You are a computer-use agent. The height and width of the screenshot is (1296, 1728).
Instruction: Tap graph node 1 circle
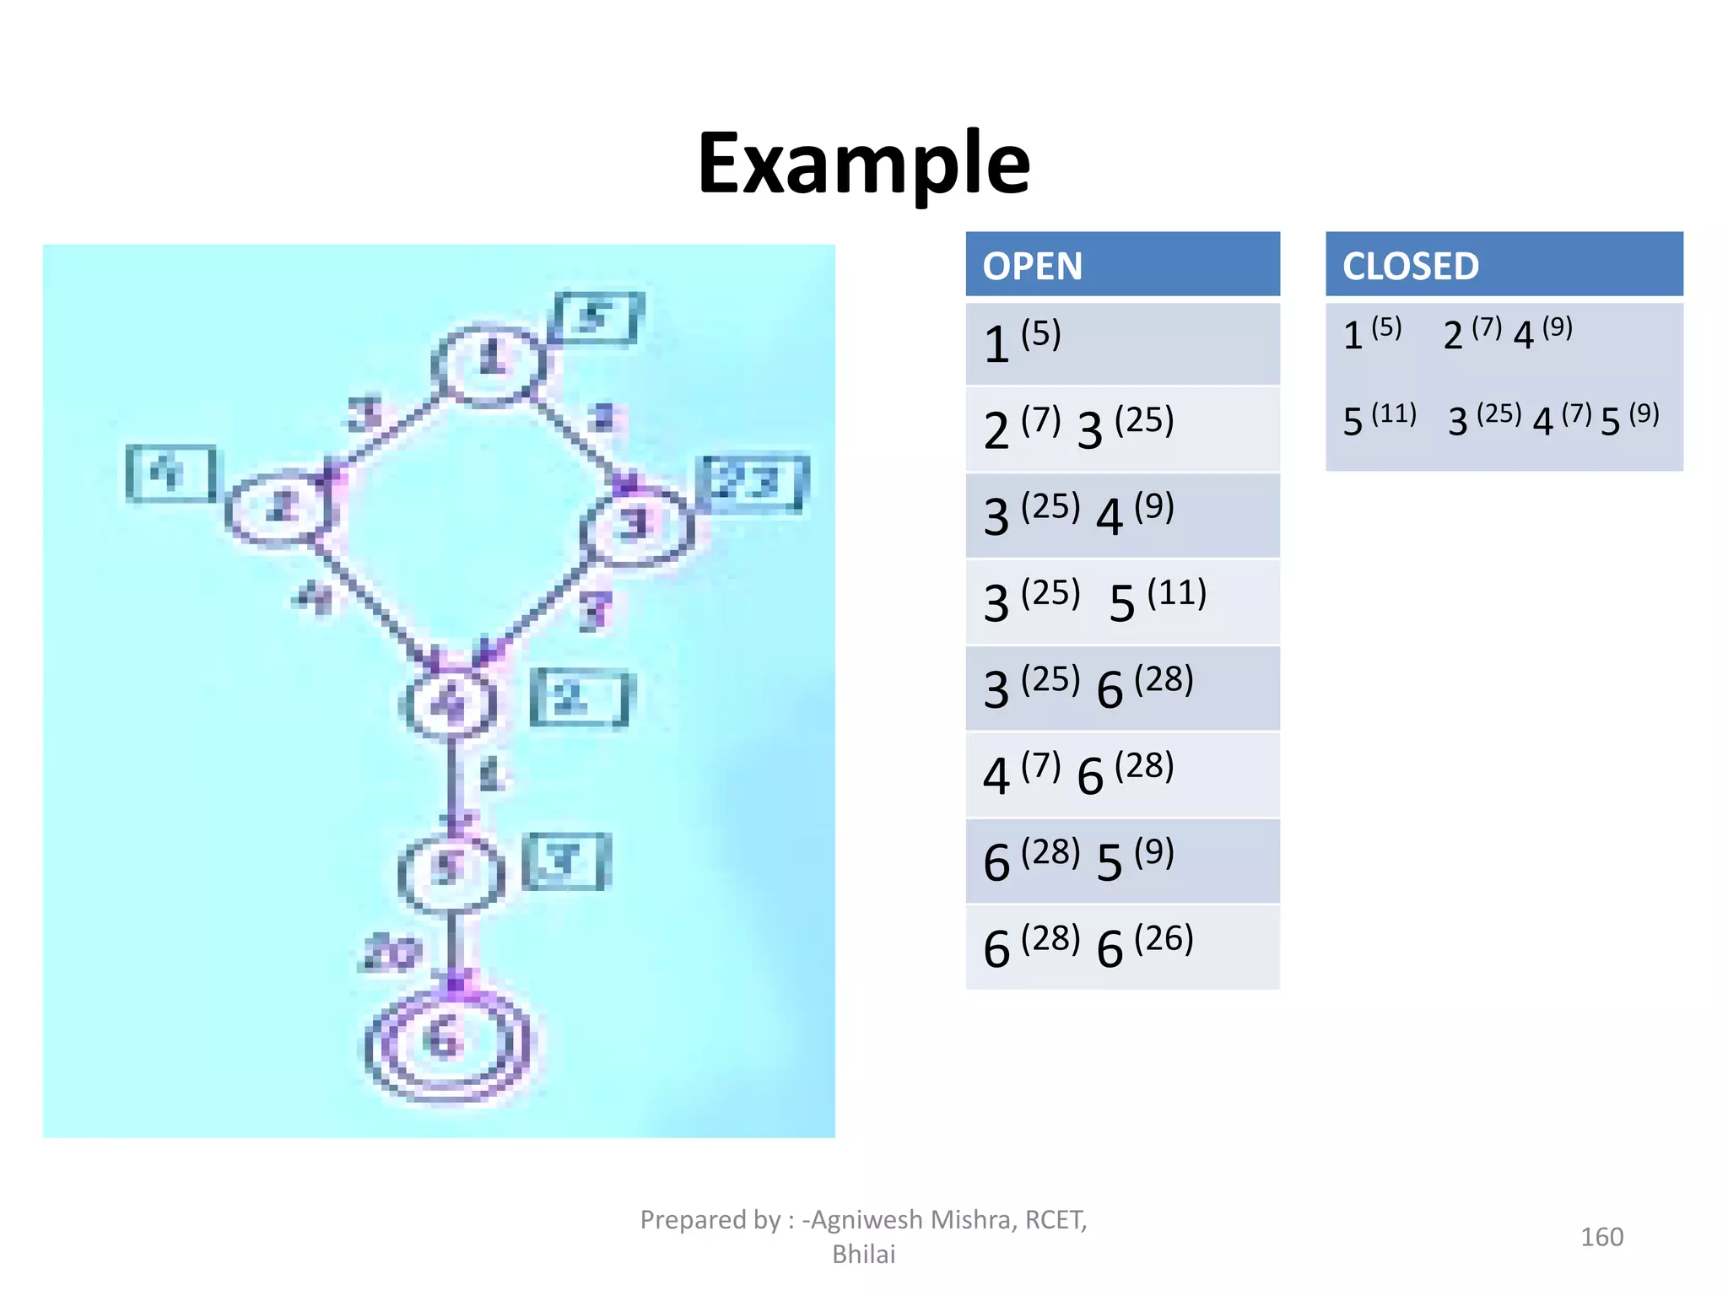pyautogui.click(x=489, y=363)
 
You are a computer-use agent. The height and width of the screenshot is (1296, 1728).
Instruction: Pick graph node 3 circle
pyautogui.click(x=637, y=525)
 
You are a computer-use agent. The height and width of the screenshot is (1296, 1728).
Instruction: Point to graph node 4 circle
pyautogui.click(x=448, y=703)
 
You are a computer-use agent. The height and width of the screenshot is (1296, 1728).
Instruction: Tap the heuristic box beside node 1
pyautogui.click(x=597, y=318)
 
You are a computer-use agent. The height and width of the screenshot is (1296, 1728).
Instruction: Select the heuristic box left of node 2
pyautogui.click(x=171, y=473)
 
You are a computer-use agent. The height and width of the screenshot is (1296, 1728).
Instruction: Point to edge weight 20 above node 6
pyautogui.click(x=391, y=953)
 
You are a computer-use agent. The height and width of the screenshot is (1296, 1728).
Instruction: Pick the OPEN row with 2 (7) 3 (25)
pyautogui.click(x=1121, y=429)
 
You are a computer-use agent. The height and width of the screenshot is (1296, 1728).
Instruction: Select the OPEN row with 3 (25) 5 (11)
pyautogui.click(x=1121, y=602)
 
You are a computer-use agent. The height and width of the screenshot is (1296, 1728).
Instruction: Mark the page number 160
pyautogui.click(x=1601, y=1237)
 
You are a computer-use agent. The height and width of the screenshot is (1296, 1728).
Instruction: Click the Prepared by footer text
pyautogui.click(x=863, y=1236)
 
